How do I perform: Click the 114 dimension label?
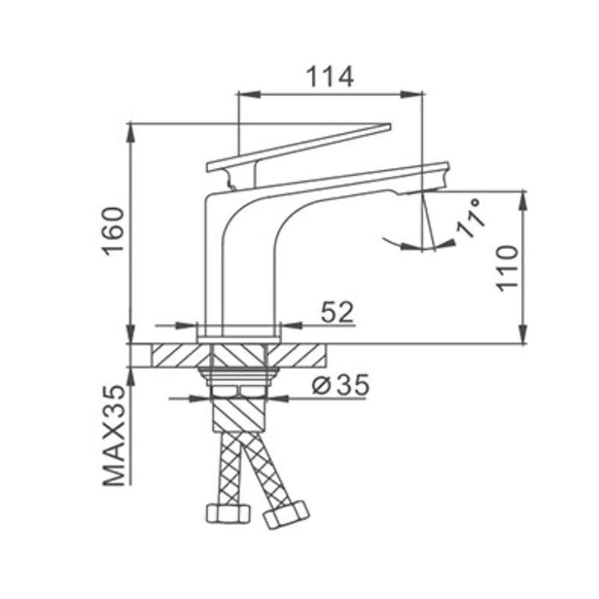click(331, 77)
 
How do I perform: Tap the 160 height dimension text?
click(114, 232)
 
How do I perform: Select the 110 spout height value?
click(508, 268)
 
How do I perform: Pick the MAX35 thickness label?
click(114, 435)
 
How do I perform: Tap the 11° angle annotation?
click(471, 218)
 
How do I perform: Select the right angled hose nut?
click(286, 514)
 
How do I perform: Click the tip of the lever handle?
click(391, 126)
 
